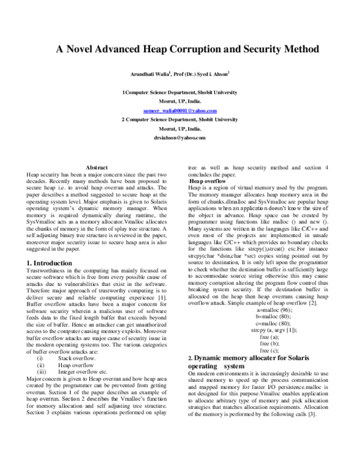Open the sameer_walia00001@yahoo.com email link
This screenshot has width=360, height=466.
[180, 111]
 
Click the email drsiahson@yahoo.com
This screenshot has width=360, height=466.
[180, 138]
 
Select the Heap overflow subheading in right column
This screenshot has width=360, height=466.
[208, 181]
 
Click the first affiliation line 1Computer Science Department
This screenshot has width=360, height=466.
[180, 93]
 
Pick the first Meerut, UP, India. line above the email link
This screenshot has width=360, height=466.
[180, 102]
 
